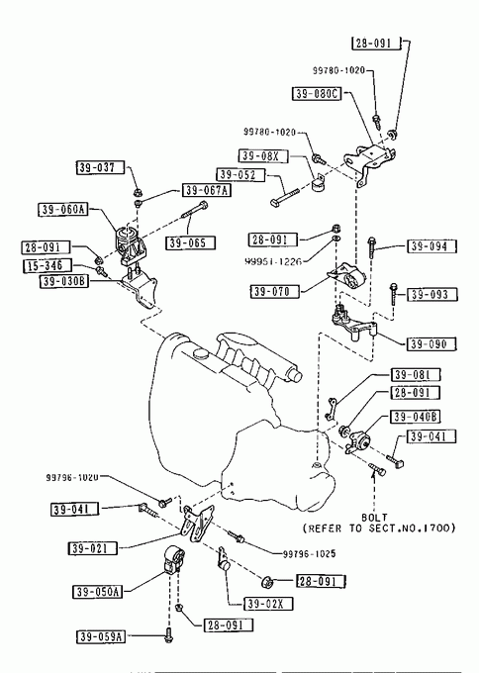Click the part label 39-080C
tap(317, 94)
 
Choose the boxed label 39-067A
tap(207, 190)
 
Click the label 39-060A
tap(63, 210)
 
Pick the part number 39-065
tap(191, 242)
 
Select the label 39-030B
tap(64, 281)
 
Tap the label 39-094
tap(431, 245)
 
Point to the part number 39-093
tap(431, 295)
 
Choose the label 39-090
tap(431, 343)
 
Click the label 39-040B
tap(416, 417)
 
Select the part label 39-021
tap(92, 548)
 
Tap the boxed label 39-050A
tap(97, 592)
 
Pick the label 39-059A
tap(101, 636)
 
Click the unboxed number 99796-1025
tap(309, 553)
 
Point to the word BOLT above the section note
tap(374, 518)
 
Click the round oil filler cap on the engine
tap(200, 353)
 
